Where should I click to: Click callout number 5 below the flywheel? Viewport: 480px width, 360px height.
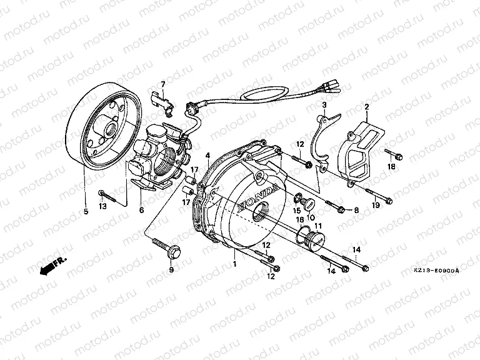tap(85, 212)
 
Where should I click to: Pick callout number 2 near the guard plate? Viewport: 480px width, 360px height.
tap(367, 107)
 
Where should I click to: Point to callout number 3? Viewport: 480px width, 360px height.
tap(325, 104)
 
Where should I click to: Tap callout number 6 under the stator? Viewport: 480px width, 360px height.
tap(141, 211)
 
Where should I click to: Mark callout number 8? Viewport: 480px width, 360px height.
tap(356, 211)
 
